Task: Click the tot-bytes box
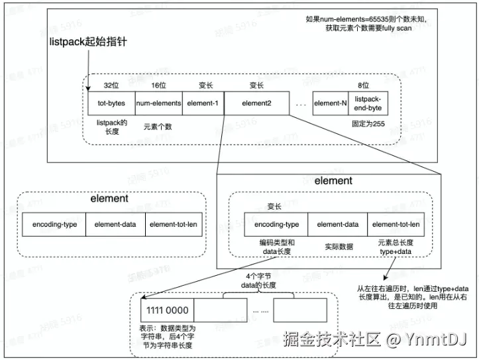[x=111, y=103]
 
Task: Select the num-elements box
[x=158, y=103]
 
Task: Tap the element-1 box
[x=203, y=103]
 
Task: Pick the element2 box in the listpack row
[x=257, y=103]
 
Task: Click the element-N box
[x=331, y=103]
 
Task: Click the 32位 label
[x=111, y=86]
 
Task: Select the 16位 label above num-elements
[x=158, y=86]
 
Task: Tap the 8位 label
[x=363, y=86]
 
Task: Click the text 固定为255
[x=369, y=123]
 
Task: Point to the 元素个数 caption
[x=158, y=126]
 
